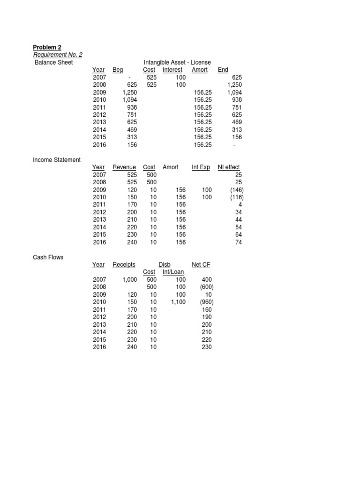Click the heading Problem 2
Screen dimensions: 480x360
coord(47,47)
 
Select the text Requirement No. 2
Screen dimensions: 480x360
coord(58,55)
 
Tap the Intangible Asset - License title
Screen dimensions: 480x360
coord(177,62)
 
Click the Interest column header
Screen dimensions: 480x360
coord(172,70)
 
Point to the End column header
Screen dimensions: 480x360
coord(223,70)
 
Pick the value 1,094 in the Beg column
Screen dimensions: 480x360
coord(129,100)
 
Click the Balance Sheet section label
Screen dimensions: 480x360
coord(54,62)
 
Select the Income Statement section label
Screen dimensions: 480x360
coord(56,160)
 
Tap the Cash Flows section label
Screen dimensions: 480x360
coord(48,257)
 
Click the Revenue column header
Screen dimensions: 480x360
coord(124,167)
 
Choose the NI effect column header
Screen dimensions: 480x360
coord(229,167)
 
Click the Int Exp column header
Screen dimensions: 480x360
coord(201,167)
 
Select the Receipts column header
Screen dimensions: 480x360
coord(124,265)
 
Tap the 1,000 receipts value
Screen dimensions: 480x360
coord(129,280)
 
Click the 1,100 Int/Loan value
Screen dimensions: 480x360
coord(177,302)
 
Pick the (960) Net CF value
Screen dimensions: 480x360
coord(204,302)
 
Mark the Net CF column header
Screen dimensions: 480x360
coord(201,265)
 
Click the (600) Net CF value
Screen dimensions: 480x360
coord(204,287)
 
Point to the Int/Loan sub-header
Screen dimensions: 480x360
coord(173,272)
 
